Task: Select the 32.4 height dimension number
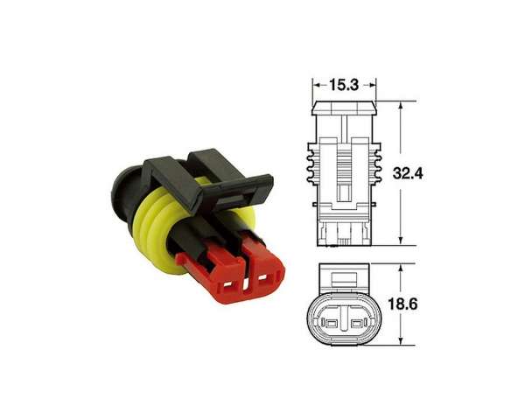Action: tap(408, 173)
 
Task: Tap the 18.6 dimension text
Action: tap(402, 304)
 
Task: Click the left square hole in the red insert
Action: tap(228, 285)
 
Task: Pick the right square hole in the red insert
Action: tap(263, 277)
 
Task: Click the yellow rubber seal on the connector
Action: tap(157, 231)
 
